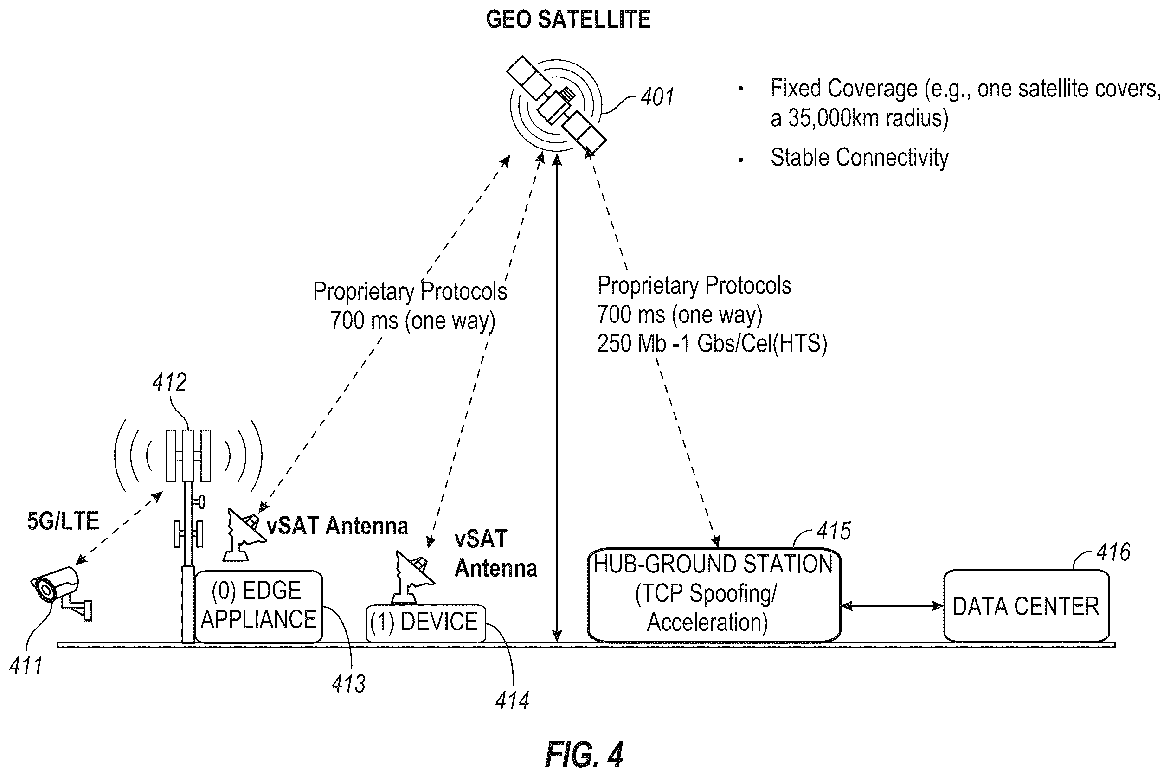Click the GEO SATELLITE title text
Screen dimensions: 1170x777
click(568, 20)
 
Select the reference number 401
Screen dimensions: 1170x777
click(657, 97)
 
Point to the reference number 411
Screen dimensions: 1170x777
click(26, 665)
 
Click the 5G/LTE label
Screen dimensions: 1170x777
click(63, 521)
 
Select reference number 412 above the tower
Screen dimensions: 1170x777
click(169, 383)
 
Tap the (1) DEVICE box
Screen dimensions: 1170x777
click(425, 623)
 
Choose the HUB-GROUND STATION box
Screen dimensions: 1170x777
click(714, 595)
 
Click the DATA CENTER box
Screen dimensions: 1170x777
click(1026, 605)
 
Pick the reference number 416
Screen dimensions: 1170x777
click(1113, 552)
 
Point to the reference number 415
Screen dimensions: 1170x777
click(834, 531)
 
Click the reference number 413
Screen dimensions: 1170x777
click(348, 684)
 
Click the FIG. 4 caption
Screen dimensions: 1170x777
click(584, 754)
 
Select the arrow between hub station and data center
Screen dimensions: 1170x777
click(892, 605)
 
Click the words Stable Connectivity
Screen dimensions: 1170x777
click(859, 158)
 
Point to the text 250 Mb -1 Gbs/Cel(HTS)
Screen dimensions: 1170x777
click(712, 343)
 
